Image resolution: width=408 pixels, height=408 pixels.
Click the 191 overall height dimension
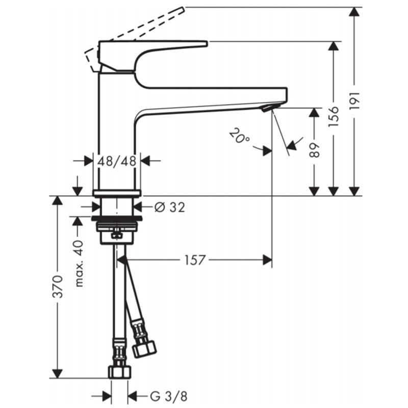354,100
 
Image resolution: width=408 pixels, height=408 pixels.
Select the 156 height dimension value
334,116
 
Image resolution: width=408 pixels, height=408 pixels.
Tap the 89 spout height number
315,150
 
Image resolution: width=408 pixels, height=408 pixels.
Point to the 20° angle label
239,136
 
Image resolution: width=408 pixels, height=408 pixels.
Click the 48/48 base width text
117,161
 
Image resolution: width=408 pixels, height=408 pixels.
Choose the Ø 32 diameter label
170,207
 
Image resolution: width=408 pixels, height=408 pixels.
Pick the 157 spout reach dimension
195,260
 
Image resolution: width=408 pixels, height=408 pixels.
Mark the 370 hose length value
58,286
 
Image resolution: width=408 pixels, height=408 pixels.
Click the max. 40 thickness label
79,263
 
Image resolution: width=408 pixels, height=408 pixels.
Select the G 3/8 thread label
169,397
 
